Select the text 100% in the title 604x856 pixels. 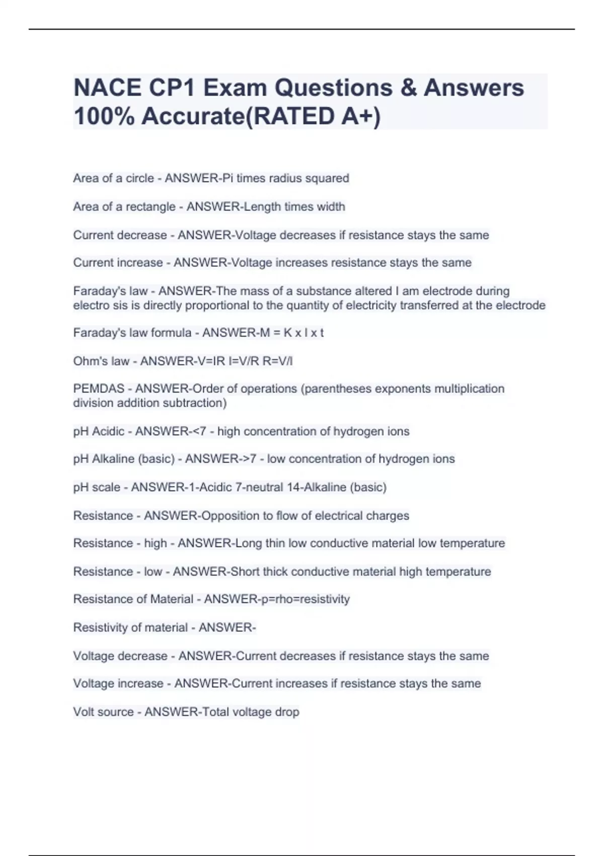(103, 116)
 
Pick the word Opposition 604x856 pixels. (230, 516)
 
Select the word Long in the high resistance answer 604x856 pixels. (249, 543)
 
